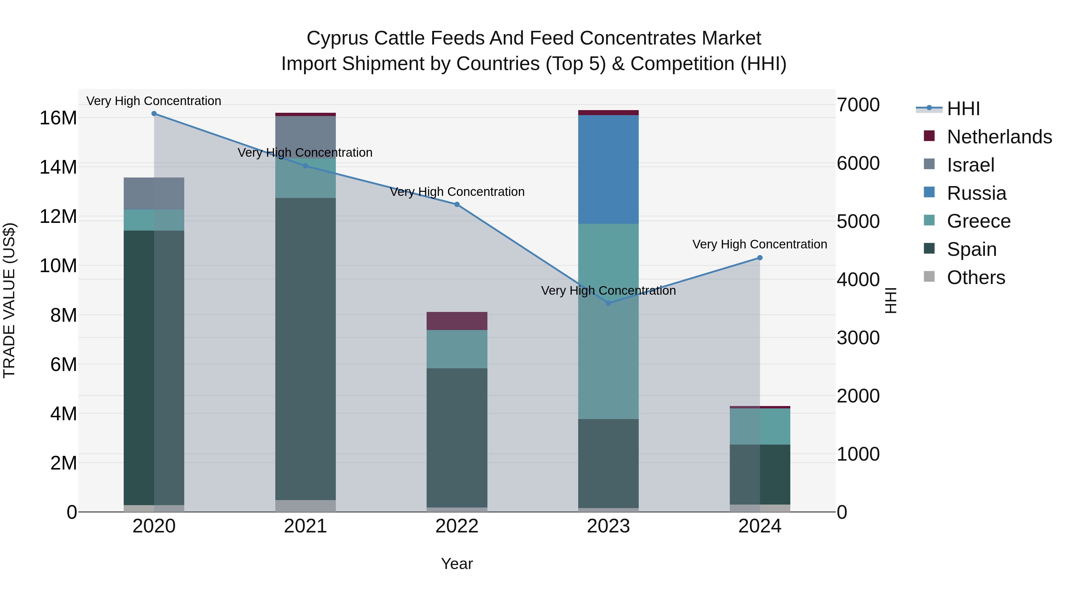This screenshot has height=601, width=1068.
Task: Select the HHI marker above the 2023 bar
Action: click(608, 303)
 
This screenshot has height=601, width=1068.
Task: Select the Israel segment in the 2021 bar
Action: click(306, 137)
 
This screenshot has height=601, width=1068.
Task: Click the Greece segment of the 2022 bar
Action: click(457, 349)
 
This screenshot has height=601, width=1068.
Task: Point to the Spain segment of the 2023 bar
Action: click(608, 463)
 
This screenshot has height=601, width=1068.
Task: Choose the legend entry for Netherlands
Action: click(999, 137)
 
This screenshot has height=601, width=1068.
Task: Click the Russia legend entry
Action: click(976, 193)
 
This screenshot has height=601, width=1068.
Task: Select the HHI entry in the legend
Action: click(963, 109)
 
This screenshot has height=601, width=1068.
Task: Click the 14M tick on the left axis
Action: click(58, 167)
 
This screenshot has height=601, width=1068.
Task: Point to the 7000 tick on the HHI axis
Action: click(858, 105)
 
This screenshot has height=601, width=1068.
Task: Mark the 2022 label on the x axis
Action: click(457, 526)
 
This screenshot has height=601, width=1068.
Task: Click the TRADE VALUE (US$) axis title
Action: click(9, 300)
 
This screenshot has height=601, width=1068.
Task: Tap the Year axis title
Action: click(457, 564)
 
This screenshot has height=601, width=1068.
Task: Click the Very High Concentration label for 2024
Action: click(759, 244)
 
